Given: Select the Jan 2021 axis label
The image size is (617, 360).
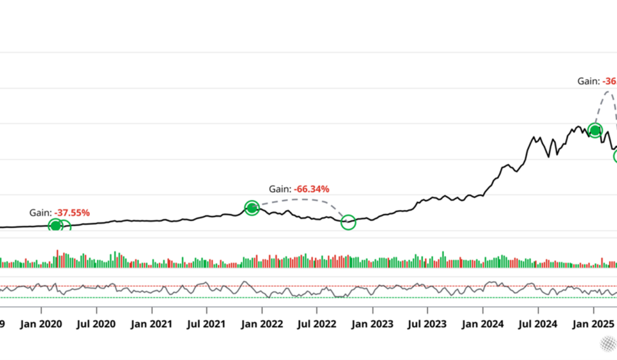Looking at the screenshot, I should tap(152, 325).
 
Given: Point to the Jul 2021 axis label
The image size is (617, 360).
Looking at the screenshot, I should tap(207, 325).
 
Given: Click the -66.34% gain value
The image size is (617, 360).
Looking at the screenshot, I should tap(312, 189).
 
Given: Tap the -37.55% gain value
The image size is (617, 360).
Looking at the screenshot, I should tap(72, 212).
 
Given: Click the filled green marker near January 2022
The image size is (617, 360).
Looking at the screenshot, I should tap(252, 208).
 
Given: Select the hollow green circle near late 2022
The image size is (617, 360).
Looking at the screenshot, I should tap(348, 222).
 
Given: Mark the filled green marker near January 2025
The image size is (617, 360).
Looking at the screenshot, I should tap(595, 131).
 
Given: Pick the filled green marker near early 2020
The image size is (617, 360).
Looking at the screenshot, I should tap(55, 225).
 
